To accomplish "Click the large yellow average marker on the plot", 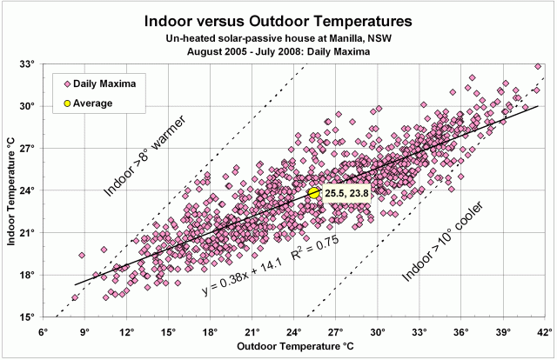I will [314, 192].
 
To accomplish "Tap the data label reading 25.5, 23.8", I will [346, 193].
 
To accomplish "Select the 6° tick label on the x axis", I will [42, 332].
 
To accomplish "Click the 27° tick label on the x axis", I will [336, 332].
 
